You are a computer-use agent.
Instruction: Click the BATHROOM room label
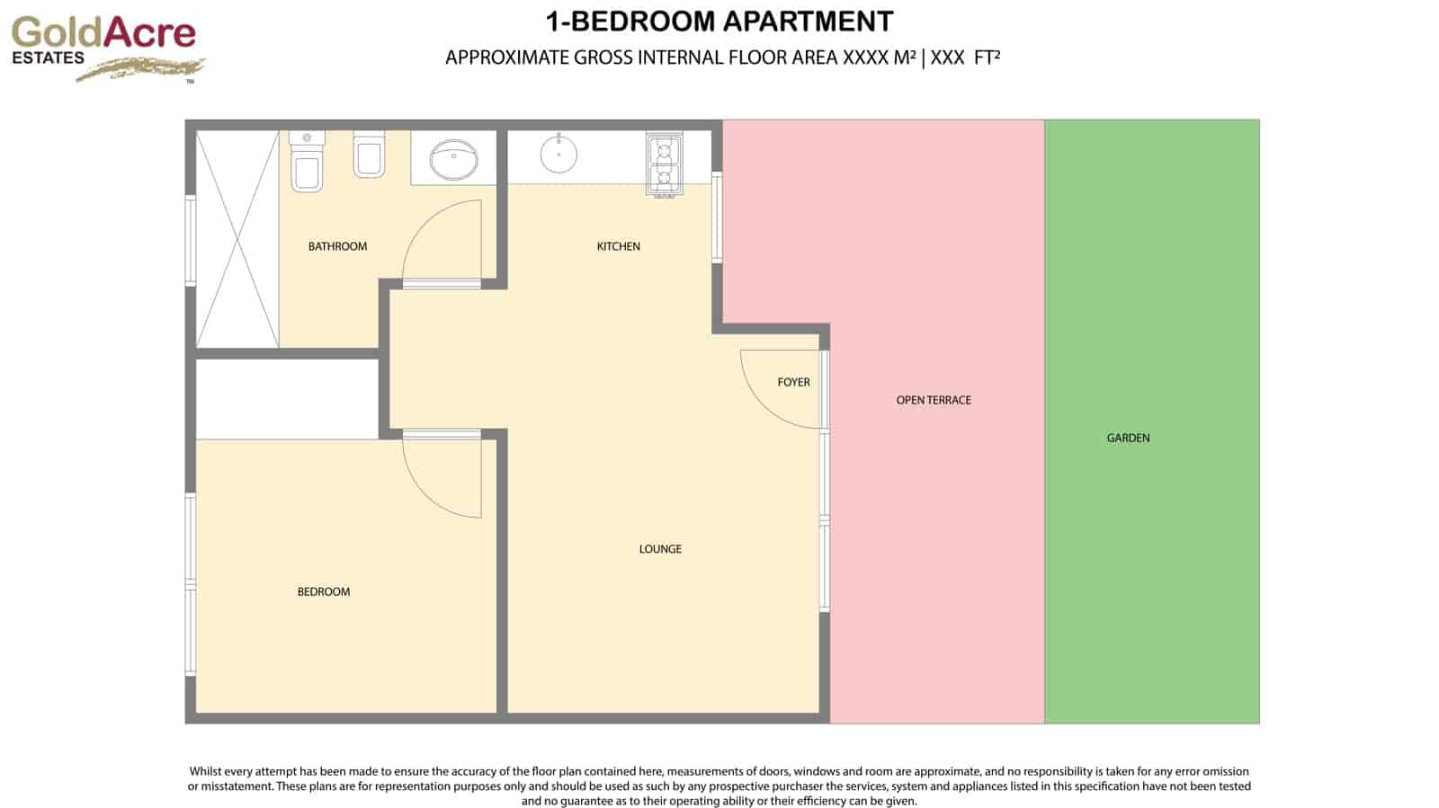coord(337,246)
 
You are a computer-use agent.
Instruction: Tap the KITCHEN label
coord(619,246)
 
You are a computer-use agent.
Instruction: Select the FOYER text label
coord(793,382)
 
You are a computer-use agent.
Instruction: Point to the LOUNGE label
coord(660,549)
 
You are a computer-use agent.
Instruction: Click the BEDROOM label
coord(324,591)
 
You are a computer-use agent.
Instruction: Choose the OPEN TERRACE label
coord(934,400)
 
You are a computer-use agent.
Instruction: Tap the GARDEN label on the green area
coord(1128,438)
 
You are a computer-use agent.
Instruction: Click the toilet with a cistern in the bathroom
coord(307,164)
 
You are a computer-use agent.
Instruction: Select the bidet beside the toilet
coord(370,155)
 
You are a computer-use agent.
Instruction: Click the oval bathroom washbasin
coord(453,161)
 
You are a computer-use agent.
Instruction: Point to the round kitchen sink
coord(559,154)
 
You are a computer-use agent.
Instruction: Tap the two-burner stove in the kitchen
coord(664,164)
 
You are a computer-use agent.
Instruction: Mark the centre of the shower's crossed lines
coord(237,239)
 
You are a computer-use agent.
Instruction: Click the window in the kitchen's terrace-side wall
coord(718,218)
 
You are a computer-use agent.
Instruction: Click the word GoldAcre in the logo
coord(103,32)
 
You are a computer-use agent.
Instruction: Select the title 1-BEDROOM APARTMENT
coord(719,22)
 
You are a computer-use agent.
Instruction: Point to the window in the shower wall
coord(190,240)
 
